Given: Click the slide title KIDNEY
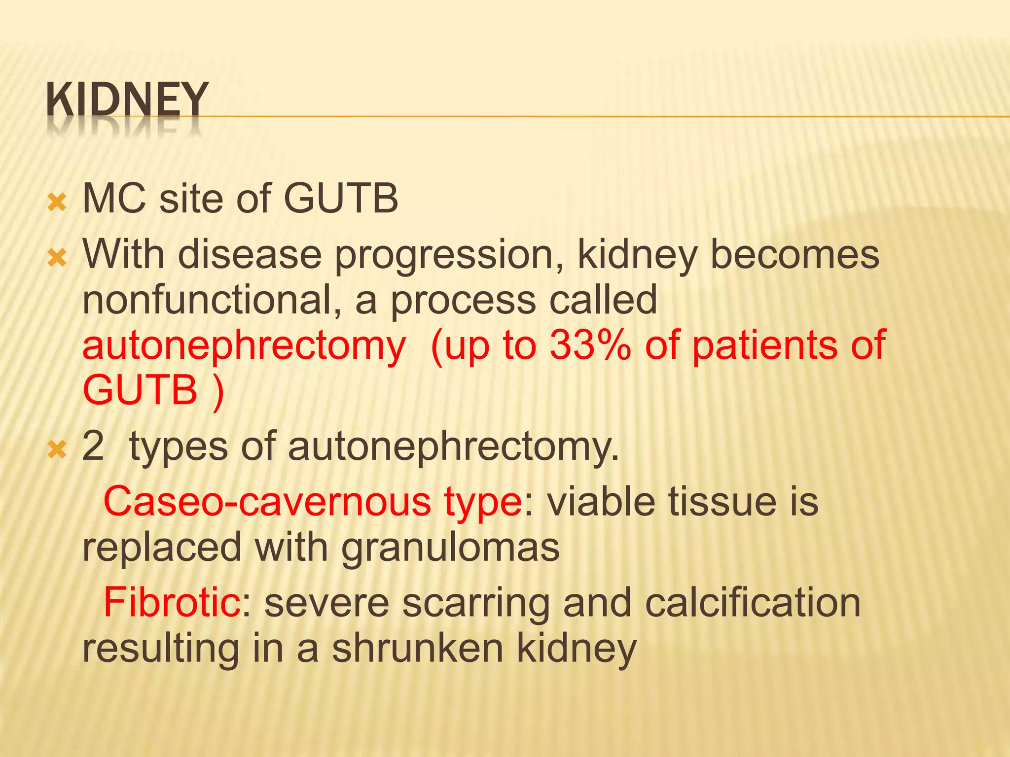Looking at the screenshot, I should (x=127, y=100).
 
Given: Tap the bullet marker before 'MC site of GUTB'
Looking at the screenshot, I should (x=57, y=203).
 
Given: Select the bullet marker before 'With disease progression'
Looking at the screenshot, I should (x=57, y=258).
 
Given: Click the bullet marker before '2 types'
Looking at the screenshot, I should (x=57, y=449).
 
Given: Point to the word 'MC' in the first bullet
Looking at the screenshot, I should (x=114, y=199).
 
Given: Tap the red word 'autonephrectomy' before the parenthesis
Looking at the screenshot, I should (x=244, y=346).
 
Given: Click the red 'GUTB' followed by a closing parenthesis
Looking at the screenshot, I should (x=140, y=390).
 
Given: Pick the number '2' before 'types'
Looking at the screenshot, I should (x=93, y=446).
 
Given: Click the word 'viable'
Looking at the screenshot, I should (x=602, y=502).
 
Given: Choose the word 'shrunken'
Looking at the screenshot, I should (x=417, y=649).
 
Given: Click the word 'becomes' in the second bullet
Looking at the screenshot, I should (x=794, y=255).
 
